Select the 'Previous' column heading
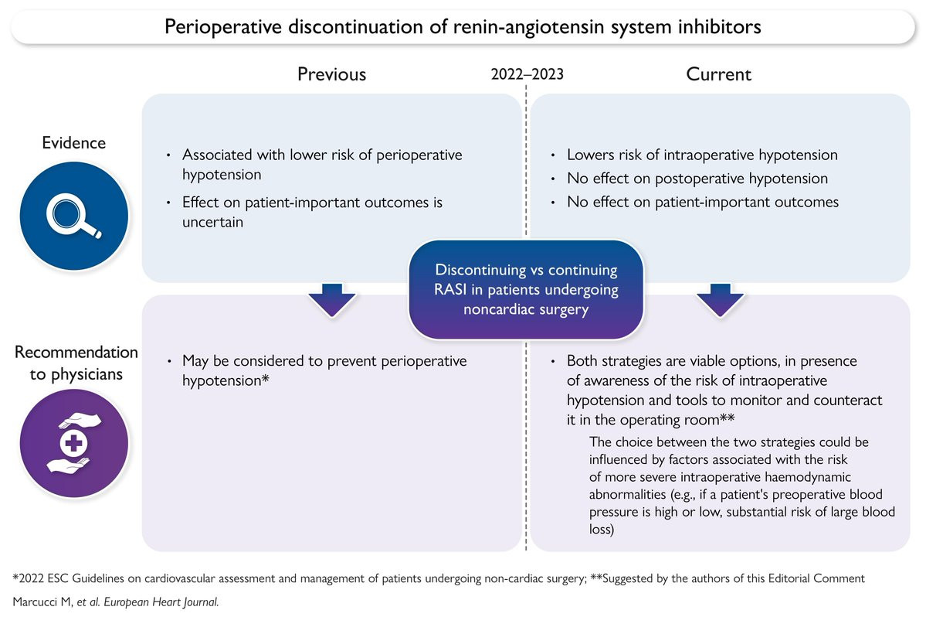pyautogui.click(x=332, y=74)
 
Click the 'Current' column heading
pyautogui.click(x=719, y=74)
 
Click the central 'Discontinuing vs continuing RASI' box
pyautogui.click(x=526, y=288)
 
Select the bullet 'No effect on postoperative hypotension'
pyautogui.click(x=697, y=179)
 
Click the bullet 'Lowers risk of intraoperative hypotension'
pyautogui.click(x=702, y=155)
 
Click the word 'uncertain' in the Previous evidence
pyautogui.click(x=212, y=222)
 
